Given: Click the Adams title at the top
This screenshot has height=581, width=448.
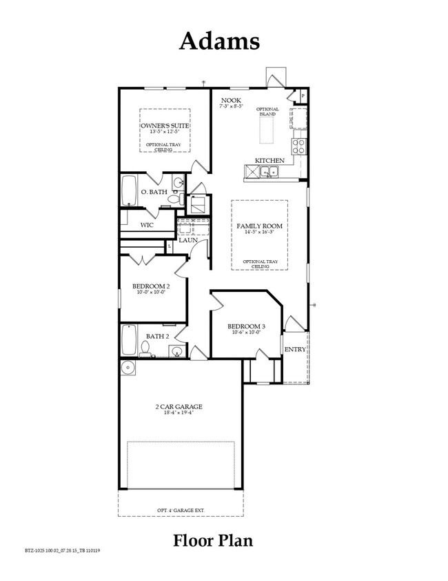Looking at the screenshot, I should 219,41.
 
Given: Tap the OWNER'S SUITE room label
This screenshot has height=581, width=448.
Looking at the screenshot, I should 165,125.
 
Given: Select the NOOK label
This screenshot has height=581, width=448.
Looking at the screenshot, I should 230,101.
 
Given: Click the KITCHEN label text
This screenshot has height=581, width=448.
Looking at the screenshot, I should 269,160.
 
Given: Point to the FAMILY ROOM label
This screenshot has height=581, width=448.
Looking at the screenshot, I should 259,226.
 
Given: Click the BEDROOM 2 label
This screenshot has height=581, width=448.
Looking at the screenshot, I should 151,285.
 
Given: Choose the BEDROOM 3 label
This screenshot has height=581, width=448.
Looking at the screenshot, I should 246,326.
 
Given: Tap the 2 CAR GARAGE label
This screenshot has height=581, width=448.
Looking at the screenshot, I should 178,406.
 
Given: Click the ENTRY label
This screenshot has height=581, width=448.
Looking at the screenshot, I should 295,349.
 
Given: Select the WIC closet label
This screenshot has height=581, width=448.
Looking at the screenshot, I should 146,225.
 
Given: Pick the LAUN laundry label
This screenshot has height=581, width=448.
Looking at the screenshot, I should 188,239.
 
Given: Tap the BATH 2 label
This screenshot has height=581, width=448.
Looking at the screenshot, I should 157,336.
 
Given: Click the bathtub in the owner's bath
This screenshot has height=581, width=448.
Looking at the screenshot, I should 129,190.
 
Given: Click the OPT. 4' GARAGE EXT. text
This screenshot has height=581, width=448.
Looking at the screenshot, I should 181,511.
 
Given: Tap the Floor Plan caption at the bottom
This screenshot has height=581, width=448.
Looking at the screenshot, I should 212,540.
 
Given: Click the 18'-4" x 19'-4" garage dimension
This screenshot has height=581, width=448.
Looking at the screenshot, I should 178,414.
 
